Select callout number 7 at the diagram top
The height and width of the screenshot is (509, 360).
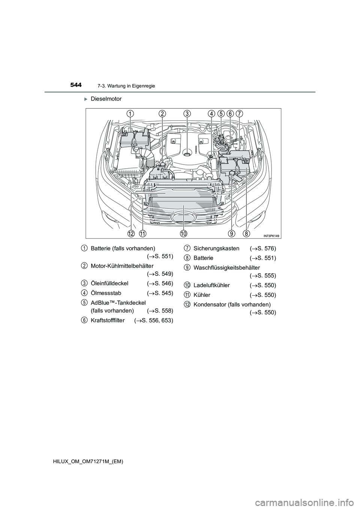point(240,113)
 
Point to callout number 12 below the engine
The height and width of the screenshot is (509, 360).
point(131,234)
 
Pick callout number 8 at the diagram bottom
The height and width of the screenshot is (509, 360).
point(246,234)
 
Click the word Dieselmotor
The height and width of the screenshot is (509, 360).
point(106,99)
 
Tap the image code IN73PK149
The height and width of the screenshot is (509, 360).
point(271,235)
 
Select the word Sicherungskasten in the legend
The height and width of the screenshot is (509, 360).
point(216,248)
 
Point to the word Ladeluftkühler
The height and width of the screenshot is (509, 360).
point(212,285)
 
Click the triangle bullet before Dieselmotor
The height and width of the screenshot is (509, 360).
point(85,99)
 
